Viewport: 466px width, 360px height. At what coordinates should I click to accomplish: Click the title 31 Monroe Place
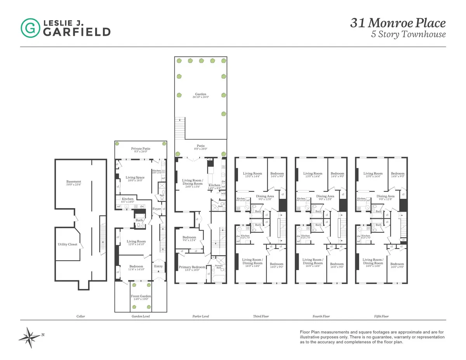[398, 23]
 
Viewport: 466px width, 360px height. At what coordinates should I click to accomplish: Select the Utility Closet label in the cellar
[67, 244]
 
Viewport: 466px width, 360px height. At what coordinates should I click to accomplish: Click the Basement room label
[74, 182]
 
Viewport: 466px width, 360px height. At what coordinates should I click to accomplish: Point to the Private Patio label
[141, 149]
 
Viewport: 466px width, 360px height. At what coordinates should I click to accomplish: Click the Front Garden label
[141, 296]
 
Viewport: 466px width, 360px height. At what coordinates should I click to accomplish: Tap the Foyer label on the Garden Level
[156, 209]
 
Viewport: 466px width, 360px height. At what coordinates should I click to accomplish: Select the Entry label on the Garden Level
[158, 266]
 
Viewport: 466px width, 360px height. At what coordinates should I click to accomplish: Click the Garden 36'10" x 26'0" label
[200, 95]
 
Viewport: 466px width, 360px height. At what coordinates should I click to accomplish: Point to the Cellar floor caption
[80, 317]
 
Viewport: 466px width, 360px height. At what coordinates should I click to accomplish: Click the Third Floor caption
[261, 317]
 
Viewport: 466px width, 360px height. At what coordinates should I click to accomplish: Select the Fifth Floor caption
[381, 317]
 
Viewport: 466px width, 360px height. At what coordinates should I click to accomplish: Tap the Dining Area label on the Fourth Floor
[325, 197]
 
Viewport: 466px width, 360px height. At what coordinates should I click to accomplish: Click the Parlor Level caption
[200, 317]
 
